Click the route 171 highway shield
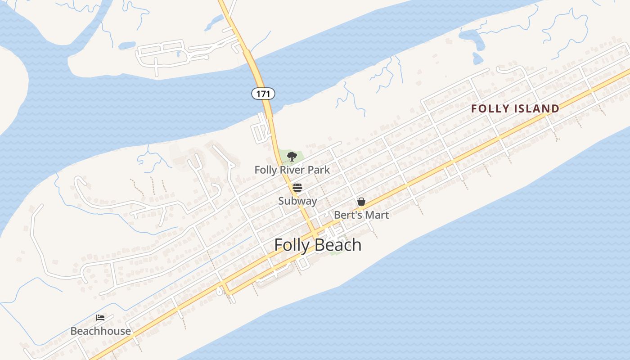click(263, 94)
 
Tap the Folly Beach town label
click(318, 245)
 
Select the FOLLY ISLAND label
click(515, 108)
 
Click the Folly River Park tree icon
click(292, 157)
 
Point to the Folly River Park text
click(292, 170)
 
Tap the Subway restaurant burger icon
click(297, 188)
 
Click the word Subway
click(297, 201)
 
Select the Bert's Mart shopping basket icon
click(361, 202)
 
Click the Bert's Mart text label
click(361, 215)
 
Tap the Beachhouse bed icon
click(100, 318)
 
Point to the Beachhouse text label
click(101, 332)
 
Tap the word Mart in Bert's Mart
click(377, 215)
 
